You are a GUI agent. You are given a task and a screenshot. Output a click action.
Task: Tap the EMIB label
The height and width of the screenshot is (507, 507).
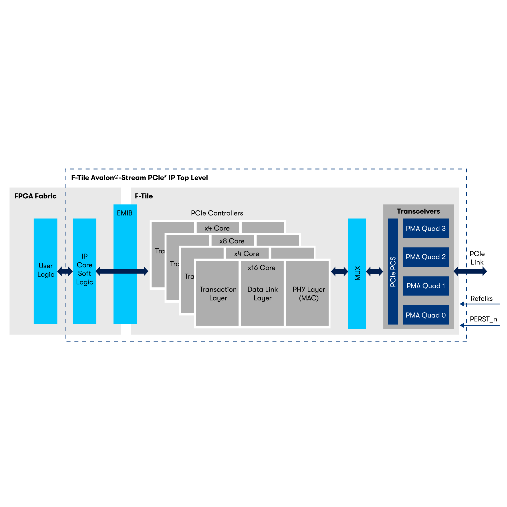[125, 213]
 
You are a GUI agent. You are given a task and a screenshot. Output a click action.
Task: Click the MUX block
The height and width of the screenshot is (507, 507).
[357, 273]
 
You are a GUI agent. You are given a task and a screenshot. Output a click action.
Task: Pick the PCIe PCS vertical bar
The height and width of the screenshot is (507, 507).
[393, 271]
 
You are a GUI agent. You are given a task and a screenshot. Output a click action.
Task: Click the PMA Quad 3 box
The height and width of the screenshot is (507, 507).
[425, 228]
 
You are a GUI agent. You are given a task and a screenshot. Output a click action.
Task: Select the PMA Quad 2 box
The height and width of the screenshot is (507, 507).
[425, 257]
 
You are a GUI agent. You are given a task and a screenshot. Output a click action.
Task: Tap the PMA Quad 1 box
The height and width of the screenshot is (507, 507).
[425, 286]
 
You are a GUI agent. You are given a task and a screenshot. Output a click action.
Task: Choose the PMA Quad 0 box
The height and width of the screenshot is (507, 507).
[425, 315]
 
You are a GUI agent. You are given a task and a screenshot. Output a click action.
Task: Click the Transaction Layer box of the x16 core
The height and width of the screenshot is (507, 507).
[218, 294]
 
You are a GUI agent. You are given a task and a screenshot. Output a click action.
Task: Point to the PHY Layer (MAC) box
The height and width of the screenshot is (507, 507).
[308, 294]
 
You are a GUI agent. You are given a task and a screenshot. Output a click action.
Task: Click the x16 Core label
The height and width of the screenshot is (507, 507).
[261, 268]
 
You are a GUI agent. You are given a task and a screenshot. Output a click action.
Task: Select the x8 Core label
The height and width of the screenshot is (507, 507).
[232, 241]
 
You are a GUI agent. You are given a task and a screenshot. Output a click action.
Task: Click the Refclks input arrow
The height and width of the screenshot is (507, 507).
[479, 304]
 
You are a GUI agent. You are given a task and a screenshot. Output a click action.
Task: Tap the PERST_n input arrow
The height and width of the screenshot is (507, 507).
[479, 325]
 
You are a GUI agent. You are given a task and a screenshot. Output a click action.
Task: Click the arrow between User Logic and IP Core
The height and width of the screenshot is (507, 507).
[65, 271]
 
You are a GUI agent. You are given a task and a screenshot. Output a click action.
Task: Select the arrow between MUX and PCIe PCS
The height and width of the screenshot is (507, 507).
[374, 271]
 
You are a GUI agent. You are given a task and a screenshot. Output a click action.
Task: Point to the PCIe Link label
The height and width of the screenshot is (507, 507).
[477, 258]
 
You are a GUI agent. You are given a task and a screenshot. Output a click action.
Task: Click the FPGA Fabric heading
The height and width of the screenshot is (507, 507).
[35, 196]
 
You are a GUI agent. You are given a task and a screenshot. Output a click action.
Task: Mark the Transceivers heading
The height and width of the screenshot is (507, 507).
[418, 211]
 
